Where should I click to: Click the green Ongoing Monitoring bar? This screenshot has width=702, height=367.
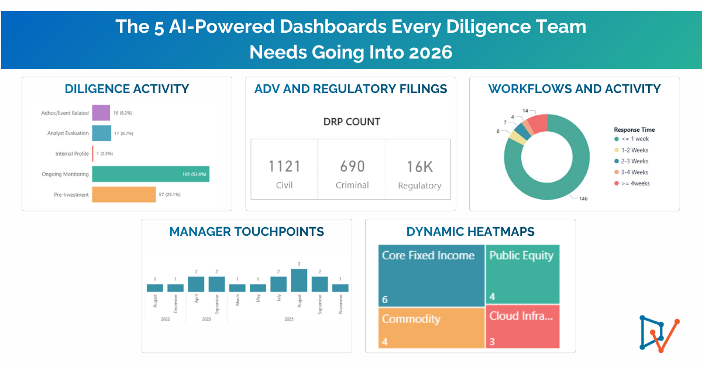tap(150, 174)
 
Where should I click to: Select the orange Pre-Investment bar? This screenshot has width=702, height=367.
tap(123, 194)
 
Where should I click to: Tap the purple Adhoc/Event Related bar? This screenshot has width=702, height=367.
tap(101, 112)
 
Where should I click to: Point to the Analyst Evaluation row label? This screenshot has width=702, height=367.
tap(68, 133)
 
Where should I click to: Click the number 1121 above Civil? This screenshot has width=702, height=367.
tap(284, 167)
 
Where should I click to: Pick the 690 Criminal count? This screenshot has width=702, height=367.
tap(352, 167)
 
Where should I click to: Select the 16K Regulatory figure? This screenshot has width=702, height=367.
tap(419, 167)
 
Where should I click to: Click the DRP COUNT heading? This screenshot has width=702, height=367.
tap(352, 122)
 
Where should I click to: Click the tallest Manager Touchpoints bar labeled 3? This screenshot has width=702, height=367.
tap(299, 280)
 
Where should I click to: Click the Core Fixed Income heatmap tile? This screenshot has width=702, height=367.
tap(431, 275)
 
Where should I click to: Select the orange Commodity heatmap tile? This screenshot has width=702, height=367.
tap(431, 328)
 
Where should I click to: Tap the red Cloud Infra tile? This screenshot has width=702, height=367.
tap(522, 326)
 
